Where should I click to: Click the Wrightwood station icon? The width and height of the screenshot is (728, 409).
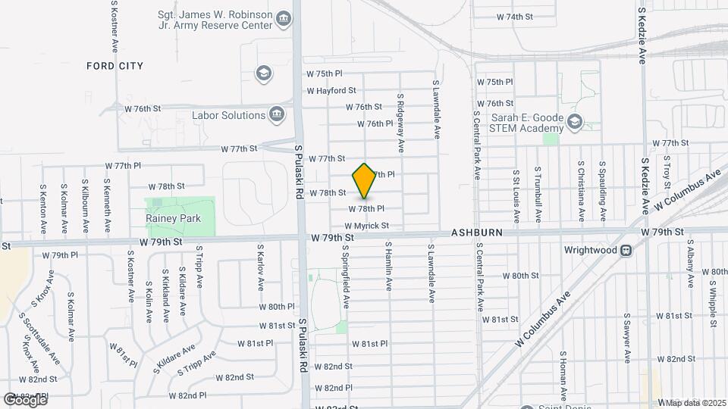coord(626,250)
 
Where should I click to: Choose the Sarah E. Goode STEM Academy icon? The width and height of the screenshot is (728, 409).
coord(575,121)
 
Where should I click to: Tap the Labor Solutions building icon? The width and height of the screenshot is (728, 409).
coord(277,115)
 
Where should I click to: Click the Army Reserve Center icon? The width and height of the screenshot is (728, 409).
coord(284,18)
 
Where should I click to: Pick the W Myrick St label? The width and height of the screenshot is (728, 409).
coord(366,226)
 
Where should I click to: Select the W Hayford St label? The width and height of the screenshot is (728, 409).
coord(332,90)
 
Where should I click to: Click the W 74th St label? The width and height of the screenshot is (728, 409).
coord(515,17)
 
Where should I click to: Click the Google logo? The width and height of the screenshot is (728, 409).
coord(24,400)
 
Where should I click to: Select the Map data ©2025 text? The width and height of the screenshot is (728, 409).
coord(695,402)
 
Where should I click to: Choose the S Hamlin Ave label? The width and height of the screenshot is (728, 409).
coord(388,266)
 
